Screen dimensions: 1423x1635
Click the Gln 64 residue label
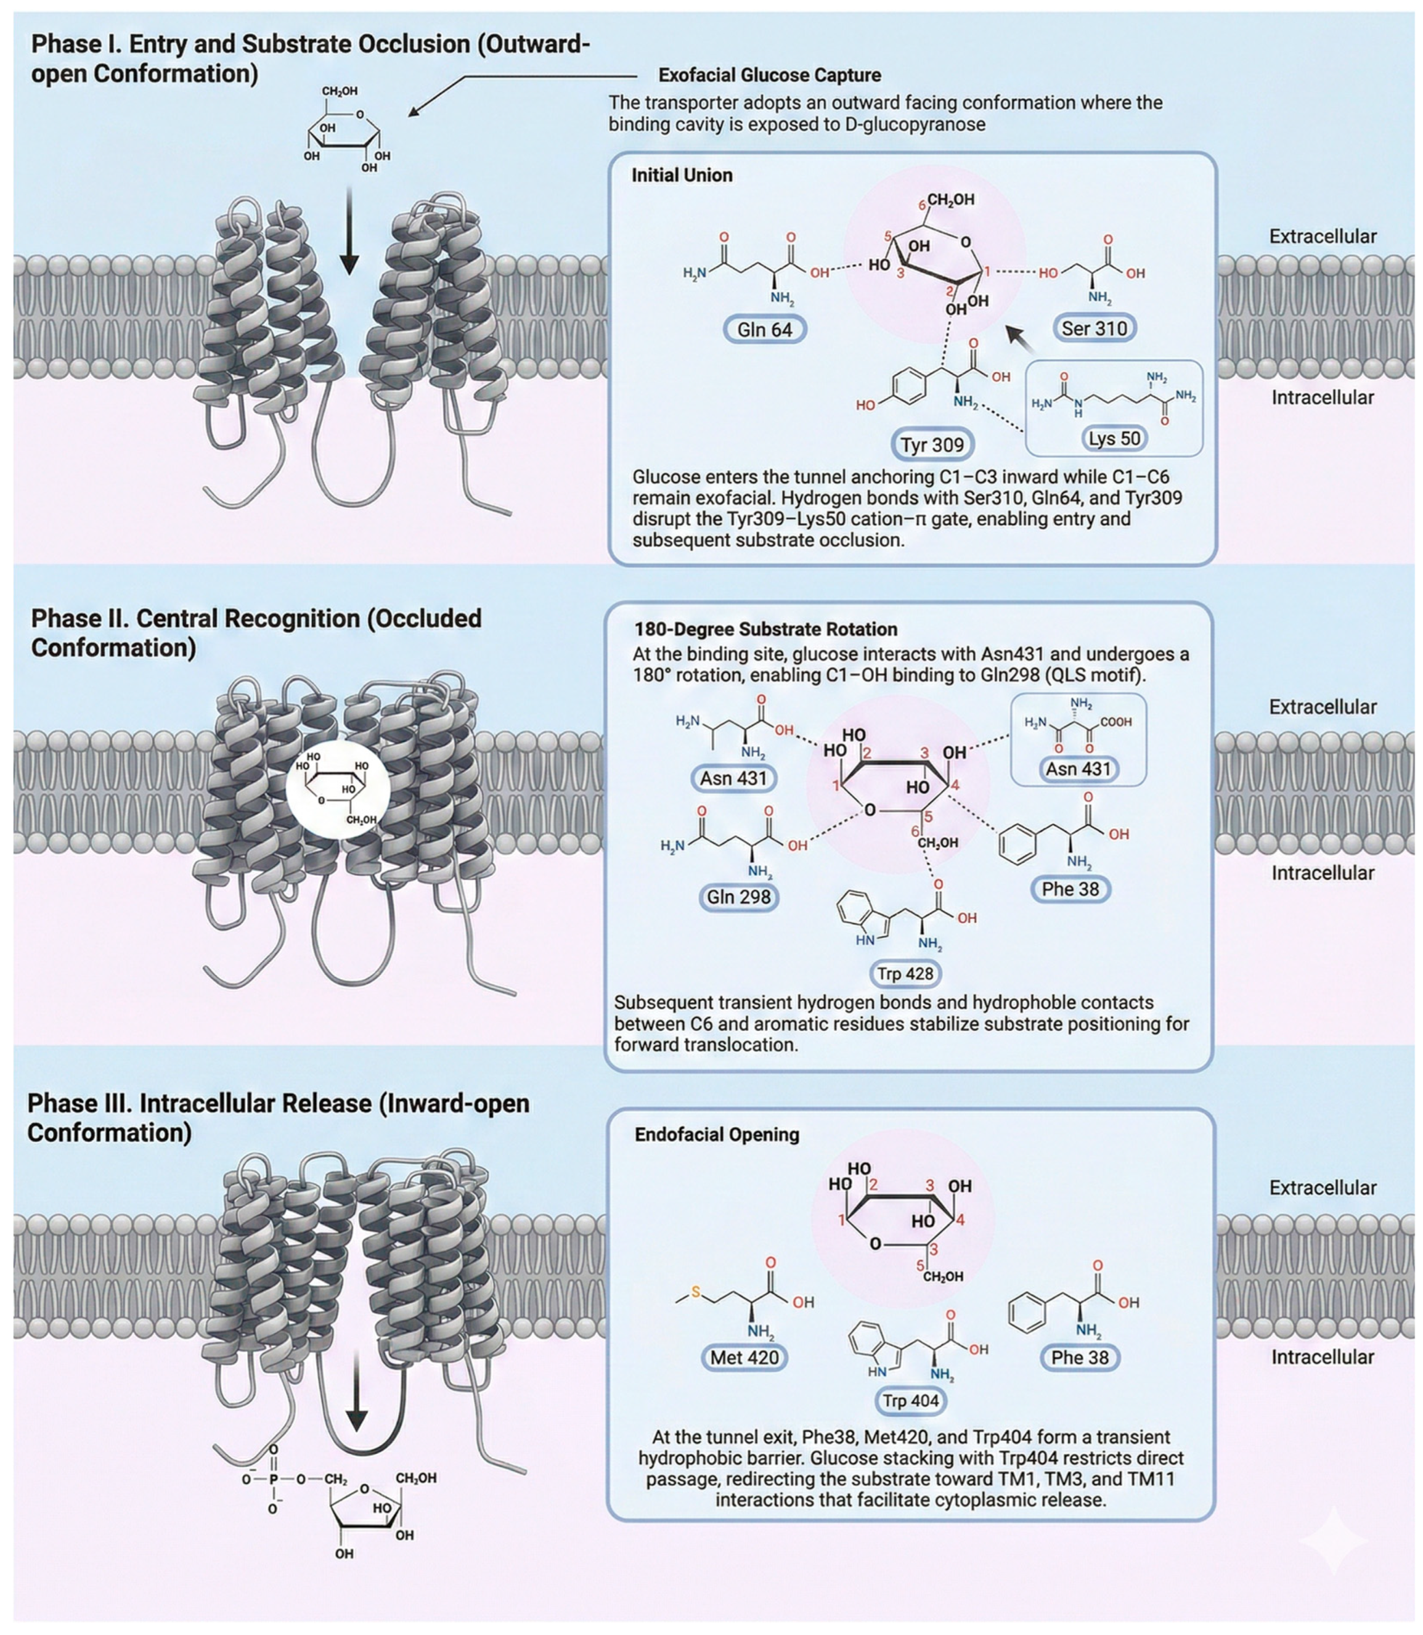765,328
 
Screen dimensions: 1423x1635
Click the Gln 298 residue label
738,897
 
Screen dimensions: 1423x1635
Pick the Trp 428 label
905,974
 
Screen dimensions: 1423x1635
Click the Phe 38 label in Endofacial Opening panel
1079,1358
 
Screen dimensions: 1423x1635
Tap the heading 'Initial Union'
682,176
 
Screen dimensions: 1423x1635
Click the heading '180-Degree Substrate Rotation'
765,629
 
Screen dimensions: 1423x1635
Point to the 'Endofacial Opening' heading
717,1134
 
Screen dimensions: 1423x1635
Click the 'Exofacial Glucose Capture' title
770,75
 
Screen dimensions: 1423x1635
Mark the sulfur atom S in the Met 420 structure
696,1292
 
